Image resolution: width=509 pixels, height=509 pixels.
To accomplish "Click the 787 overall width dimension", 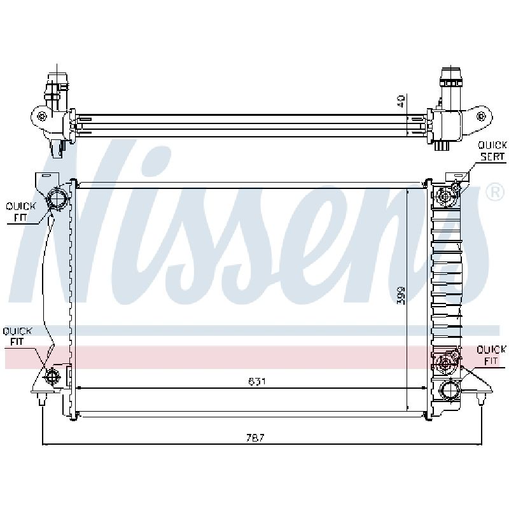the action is pyautogui.click(x=255, y=438).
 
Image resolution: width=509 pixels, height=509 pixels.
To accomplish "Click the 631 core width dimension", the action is pyautogui.click(x=257, y=381).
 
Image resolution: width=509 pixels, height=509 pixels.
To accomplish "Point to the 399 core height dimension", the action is pyautogui.click(x=401, y=295).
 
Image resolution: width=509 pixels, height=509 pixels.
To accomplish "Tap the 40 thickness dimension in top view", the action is pyautogui.click(x=401, y=101).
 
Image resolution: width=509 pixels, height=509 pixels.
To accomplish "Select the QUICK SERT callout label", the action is pyautogui.click(x=492, y=151).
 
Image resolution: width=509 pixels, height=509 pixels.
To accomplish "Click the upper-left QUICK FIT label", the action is pyautogui.click(x=20, y=212).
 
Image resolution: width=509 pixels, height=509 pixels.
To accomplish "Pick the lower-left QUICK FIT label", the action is pyautogui.click(x=17, y=337).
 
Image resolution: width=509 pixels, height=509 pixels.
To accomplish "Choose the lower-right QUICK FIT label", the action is pyautogui.click(x=491, y=355).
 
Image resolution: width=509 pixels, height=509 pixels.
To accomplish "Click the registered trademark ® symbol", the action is pyautogui.click(x=495, y=193).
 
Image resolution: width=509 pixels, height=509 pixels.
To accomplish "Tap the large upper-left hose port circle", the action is pyautogui.click(x=58, y=198).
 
